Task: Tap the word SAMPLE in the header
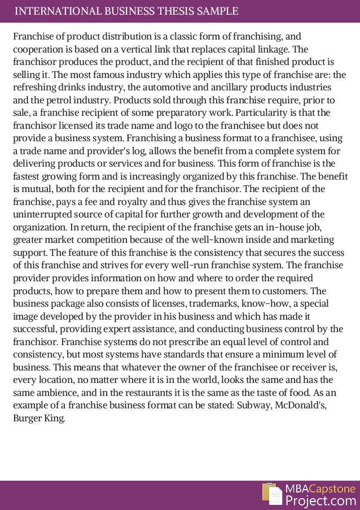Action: pos(216,11)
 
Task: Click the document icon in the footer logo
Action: pos(274,494)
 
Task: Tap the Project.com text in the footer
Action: pos(320,500)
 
